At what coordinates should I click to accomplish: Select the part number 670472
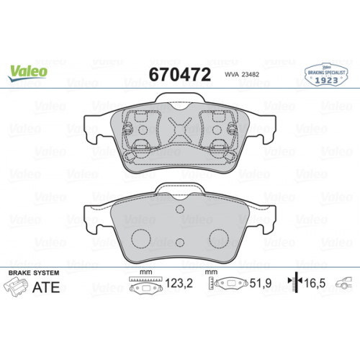[x=179, y=73]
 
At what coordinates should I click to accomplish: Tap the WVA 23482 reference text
[x=242, y=74]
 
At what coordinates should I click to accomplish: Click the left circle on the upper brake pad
[x=142, y=130]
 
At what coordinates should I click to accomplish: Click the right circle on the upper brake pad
[x=218, y=130]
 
